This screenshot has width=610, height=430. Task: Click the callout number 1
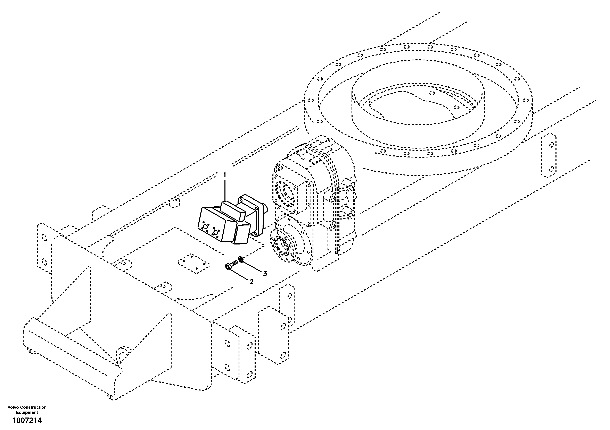click(x=225, y=175)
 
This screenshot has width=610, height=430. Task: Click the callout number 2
click(x=251, y=282)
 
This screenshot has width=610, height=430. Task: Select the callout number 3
click(x=265, y=274)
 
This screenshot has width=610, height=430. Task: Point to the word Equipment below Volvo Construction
click(x=27, y=412)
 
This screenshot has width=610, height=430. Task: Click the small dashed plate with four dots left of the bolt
click(x=193, y=264)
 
